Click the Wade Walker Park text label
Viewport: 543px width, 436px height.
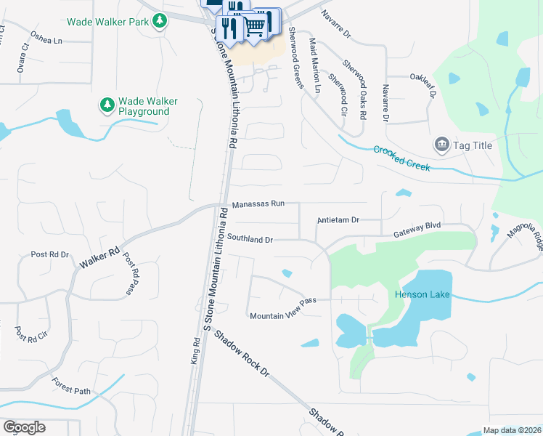pyautogui.click(x=109, y=22)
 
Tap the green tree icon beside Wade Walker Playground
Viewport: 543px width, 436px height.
pyautogui.click(x=107, y=106)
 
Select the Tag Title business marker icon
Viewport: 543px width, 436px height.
pyautogui.click(x=441, y=145)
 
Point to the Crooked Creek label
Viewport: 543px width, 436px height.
pyautogui.click(x=401, y=158)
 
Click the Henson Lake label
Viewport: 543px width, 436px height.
pyautogui.click(x=422, y=294)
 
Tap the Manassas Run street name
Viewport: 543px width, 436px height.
pyautogui.click(x=258, y=204)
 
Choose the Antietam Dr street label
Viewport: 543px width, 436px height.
pyautogui.click(x=338, y=220)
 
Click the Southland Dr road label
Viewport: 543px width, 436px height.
pyautogui.click(x=249, y=238)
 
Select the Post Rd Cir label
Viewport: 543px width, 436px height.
pyautogui.click(x=31, y=334)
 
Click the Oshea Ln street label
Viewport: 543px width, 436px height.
pyautogui.click(x=46, y=38)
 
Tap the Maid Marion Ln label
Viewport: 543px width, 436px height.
pyautogui.click(x=315, y=66)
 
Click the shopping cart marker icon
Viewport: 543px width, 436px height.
pyautogui.click(x=255, y=25)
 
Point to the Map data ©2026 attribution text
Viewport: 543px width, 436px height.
pyautogui.click(x=512, y=430)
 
